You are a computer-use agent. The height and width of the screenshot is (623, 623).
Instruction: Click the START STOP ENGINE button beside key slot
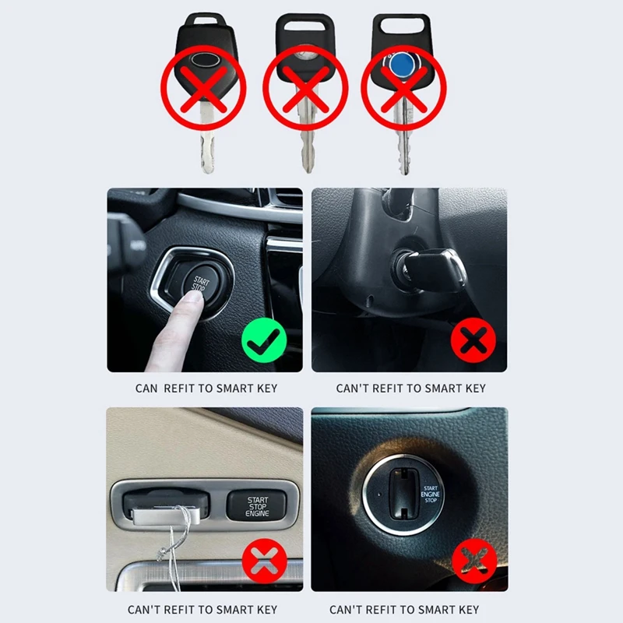257,507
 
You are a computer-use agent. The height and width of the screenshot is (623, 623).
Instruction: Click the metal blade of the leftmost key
206,144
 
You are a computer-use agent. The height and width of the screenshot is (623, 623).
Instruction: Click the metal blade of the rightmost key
403,144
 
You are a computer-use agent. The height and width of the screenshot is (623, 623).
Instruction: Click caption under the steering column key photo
410,388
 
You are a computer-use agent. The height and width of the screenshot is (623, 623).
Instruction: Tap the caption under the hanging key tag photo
202,609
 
